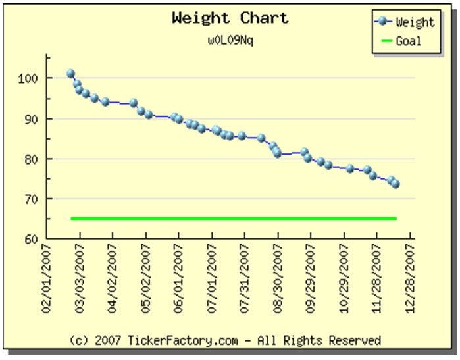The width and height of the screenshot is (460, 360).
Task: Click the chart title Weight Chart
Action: (230, 18)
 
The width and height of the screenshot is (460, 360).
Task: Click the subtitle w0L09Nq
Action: (230, 39)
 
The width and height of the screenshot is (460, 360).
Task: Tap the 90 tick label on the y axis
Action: (32, 119)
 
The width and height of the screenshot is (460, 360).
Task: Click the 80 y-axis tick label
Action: (32, 159)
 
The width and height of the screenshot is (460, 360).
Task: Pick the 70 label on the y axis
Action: (32, 199)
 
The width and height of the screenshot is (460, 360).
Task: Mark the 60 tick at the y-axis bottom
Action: (32, 239)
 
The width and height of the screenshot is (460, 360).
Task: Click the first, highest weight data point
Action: (70, 74)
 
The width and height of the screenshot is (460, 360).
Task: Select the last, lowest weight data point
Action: (396, 184)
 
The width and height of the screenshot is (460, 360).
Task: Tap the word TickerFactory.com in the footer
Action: (172, 340)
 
